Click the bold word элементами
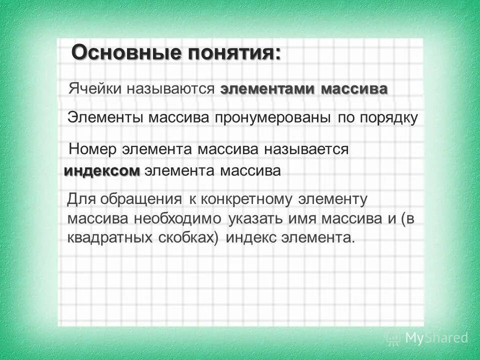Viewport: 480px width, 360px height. coord(267,89)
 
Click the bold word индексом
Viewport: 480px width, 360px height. coord(102,171)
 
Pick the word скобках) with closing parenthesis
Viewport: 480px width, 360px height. coord(194,238)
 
